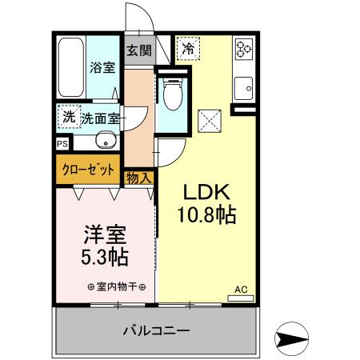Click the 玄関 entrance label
138,51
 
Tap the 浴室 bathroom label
102,68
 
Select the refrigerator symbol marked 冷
189,49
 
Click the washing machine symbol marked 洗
69,117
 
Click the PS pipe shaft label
62,145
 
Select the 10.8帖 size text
208,214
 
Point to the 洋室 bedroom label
106,237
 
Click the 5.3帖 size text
106,258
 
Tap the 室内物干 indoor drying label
115,287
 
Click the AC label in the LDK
240,289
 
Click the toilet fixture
170,96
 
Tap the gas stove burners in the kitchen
243,49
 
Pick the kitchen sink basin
243,83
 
